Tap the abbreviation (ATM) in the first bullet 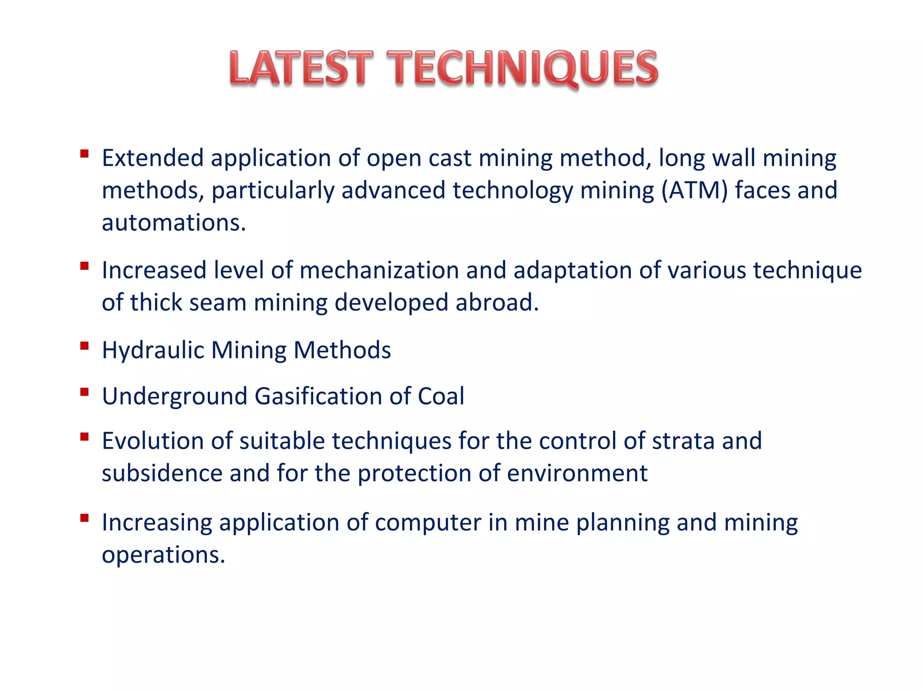click(x=695, y=190)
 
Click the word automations click(x=174, y=223)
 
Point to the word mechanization click(x=379, y=270)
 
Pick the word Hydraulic click(x=153, y=350)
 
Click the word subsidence click(x=162, y=473)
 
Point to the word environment click(x=577, y=473)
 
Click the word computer click(x=428, y=523)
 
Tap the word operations click(x=163, y=555)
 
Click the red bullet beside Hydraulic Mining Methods click(x=84, y=346)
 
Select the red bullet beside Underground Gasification click(x=84, y=392)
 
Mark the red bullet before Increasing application click(x=84, y=518)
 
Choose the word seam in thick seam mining click(x=217, y=302)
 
